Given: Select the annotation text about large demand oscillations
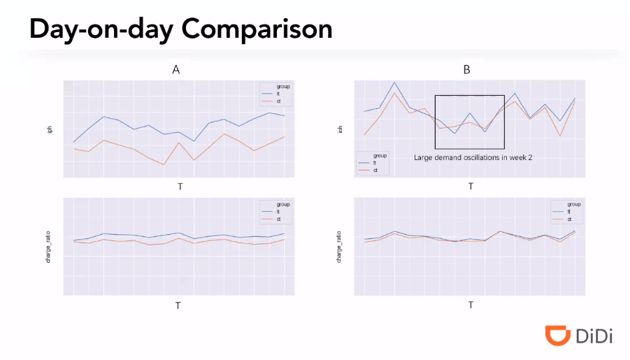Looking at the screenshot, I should (x=473, y=158).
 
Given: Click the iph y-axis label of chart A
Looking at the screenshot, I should (x=50, y=129).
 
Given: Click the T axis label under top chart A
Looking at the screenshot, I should (x=180, y=187).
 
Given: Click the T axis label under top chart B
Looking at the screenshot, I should (x=471, y=187).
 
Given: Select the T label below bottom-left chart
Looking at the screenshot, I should (x=178, y=305).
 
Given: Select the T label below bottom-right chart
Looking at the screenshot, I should (x=471, y=305).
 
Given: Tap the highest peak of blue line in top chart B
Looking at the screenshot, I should (x=394, y=82).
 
